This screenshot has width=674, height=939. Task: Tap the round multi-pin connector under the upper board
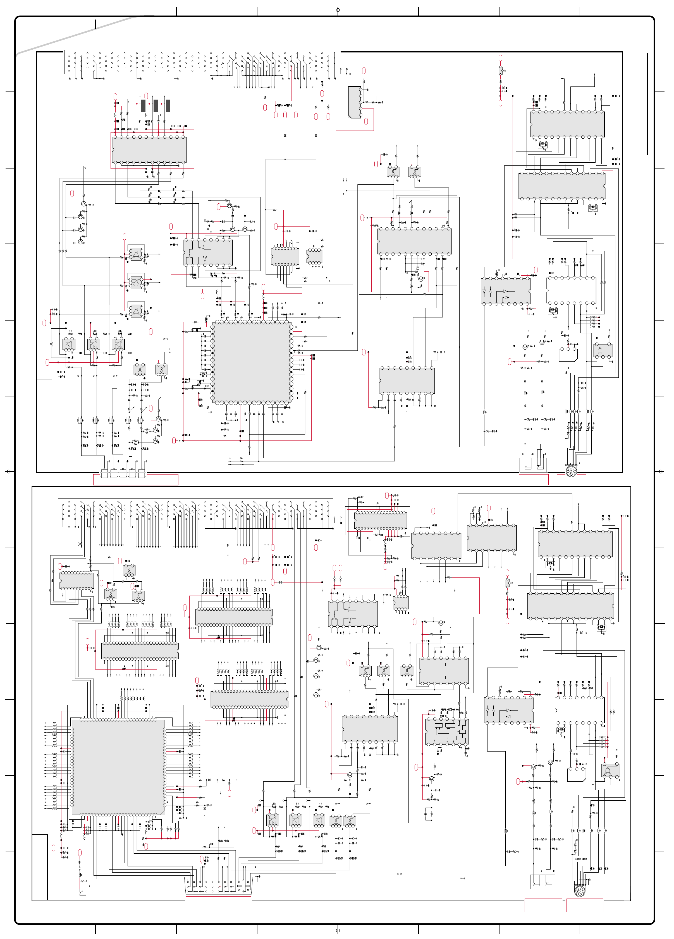point(571,471)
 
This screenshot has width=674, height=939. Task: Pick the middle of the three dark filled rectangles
point(156,105)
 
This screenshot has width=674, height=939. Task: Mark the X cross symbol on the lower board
point(80,544)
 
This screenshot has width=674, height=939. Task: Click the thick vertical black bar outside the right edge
point(647,103)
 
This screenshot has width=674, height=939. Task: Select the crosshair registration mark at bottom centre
point(338,931)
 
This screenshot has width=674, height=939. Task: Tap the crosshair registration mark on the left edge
point(9,471)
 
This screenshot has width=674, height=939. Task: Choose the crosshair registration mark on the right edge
point(661,471)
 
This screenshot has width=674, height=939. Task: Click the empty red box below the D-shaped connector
point(218,903)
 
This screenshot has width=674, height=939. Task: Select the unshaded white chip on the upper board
point(571,290)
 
